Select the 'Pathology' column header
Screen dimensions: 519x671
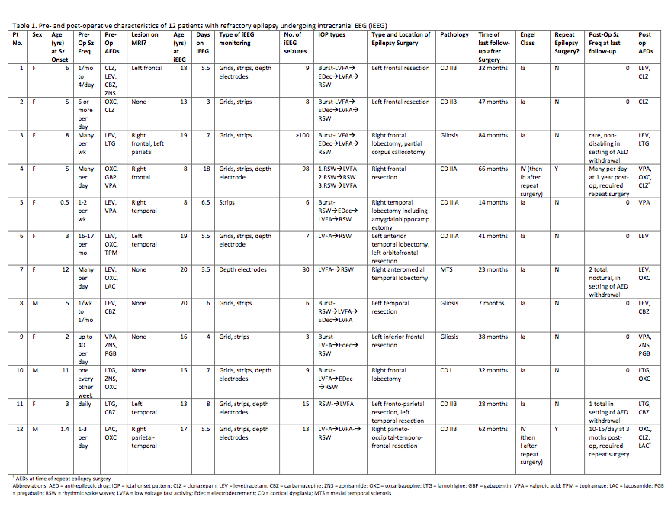(x=454, y=34)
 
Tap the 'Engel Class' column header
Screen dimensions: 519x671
(x=528, y=39)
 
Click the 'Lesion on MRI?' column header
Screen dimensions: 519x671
(x=145, y=34)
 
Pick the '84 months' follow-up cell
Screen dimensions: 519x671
(x=493, y=135)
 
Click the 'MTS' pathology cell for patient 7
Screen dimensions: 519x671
(x=446, y=269)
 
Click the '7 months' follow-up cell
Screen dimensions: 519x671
(x=490, y=303)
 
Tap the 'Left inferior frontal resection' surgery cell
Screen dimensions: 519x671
(x=397, y=340)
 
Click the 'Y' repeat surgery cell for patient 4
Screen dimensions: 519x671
(x=557, y=169)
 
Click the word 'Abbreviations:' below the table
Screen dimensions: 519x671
(x=33, y=485)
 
